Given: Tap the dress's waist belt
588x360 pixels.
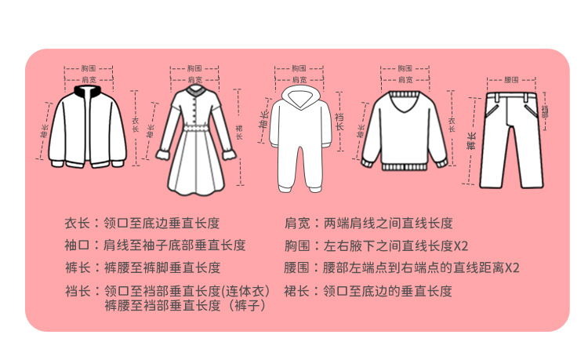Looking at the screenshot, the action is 194,126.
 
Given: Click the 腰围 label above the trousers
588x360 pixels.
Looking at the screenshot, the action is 511,80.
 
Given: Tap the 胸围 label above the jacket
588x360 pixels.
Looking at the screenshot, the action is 88,69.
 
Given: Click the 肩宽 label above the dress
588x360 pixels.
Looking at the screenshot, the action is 194,80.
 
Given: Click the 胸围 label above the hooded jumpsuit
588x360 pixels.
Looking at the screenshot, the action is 298,69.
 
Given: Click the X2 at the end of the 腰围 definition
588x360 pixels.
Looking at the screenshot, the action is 512,268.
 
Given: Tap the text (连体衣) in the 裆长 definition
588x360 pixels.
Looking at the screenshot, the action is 247,291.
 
